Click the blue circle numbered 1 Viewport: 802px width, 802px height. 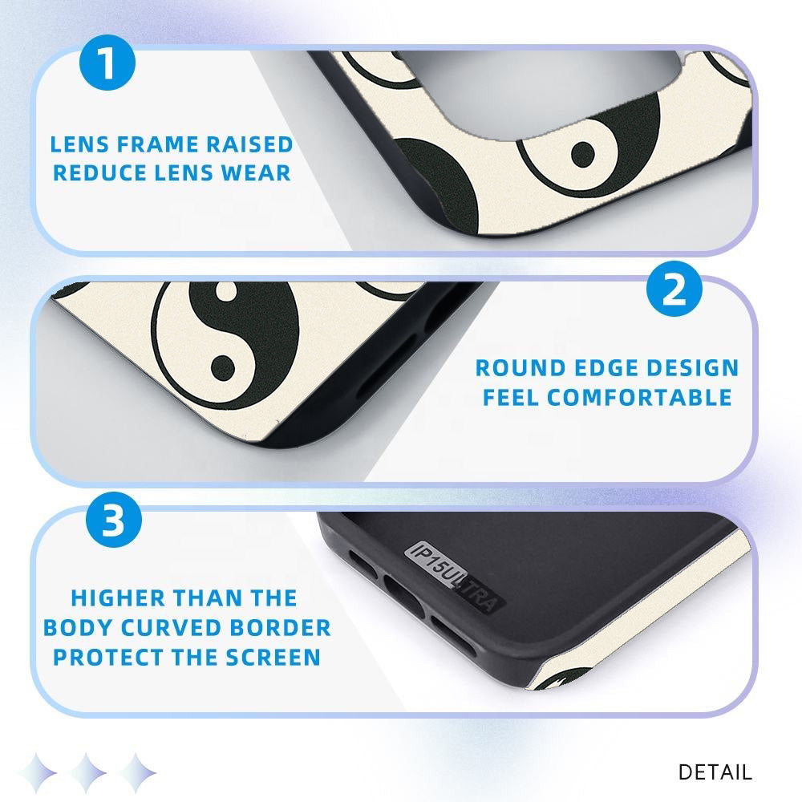[107, 63]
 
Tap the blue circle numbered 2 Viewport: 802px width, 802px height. [674, 289]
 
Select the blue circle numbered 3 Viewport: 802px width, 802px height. [114, 520]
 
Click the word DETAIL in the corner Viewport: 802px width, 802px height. [715, 772]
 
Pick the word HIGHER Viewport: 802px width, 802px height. [118, 598]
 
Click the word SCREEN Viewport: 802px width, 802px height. [273, 658]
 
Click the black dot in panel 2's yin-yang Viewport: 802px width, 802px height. [224, 368]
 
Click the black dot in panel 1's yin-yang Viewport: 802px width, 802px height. [583, 153]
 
